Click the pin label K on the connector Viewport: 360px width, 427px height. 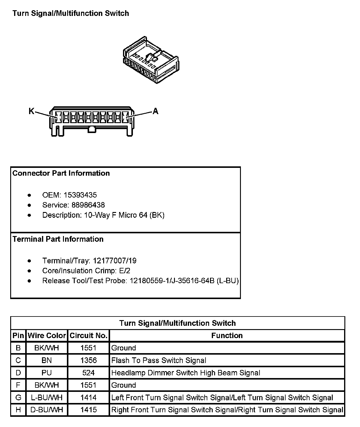pos(31,111)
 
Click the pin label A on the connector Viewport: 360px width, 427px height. pos(155,111)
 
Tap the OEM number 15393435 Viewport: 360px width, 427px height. pos(80,195)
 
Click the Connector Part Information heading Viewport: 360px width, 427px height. pos(61,173)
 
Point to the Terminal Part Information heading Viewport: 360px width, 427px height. pos(58,239)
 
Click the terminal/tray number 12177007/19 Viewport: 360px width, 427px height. pos(115,261)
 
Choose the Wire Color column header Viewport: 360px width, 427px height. pos(47,335)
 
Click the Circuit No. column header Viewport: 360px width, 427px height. pos(88,335)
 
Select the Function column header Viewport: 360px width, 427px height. pos(227,335)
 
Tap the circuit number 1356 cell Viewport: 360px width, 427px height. pos(88,360)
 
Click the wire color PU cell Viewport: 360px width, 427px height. pos(47,373)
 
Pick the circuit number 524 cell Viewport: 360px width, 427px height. pos(88,373)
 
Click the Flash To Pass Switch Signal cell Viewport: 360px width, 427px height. pos(159,360)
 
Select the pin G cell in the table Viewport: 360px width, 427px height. pos(18,398)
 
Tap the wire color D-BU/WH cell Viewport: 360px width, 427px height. pos(47,410)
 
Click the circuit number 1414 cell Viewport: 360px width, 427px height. pos(88,398)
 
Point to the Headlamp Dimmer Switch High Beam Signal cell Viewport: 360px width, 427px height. pos(186,373)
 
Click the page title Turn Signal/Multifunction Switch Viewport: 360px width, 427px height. pos(71,13)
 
